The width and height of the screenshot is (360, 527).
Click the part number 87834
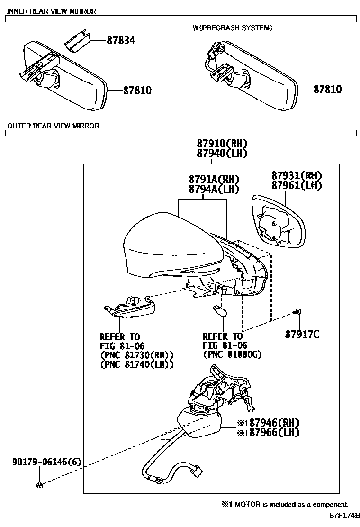pos(120,41)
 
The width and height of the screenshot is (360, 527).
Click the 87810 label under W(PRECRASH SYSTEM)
pos(327,89)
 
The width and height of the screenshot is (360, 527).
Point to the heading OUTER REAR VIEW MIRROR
pos(53,126)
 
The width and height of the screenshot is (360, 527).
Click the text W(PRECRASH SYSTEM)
pos(233,28)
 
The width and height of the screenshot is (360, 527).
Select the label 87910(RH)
pos(223,144)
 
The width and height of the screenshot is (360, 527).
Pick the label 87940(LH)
pos(223,154)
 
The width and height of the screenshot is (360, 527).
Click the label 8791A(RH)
pos(214,179)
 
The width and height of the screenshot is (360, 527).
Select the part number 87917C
pos(302,335)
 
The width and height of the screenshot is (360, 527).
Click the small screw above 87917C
pos(297,311)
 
